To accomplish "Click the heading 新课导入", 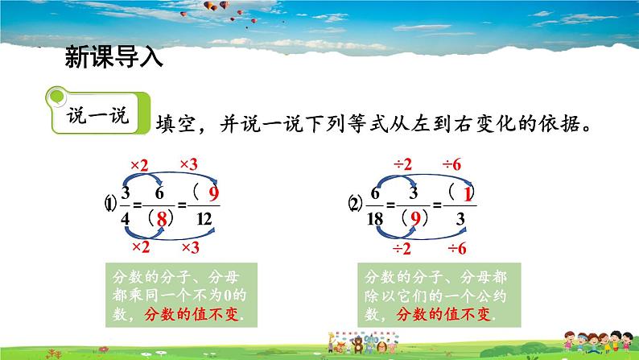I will click(113, 58).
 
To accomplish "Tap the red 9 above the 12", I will click(212, 194).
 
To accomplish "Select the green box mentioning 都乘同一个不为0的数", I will click(179, 294).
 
